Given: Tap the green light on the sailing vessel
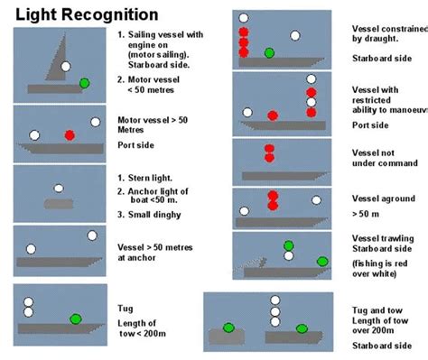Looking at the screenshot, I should point(84,83).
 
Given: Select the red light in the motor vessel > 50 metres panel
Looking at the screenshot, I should point(70,135).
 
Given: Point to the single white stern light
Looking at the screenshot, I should point(59,189).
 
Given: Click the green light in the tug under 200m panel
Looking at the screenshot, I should point(76,318).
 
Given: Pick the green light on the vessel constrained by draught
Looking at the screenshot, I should point(268,53).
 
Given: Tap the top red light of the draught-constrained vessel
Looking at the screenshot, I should point(243,32).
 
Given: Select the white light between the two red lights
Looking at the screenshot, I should point(312,102).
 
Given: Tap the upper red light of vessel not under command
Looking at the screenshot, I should point(268,148).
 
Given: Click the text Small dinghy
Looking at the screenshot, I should point(154,215).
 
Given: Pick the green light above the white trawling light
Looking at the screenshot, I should point(288,245).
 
